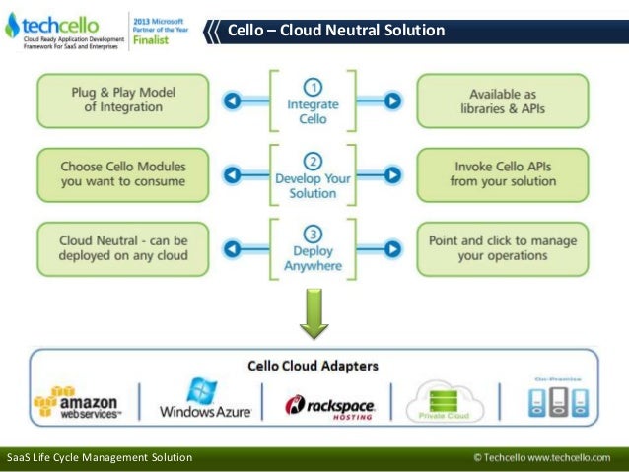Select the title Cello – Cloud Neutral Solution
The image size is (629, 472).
(336, 31)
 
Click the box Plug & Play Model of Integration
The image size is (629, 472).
(124, 100)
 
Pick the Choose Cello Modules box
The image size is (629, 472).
(123, 173)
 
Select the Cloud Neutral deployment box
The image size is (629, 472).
(123, 247)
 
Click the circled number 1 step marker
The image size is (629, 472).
(313, 85)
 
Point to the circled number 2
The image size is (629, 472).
(313, 160)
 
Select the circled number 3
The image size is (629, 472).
(313, 235)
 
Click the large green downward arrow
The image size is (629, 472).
(314, 313)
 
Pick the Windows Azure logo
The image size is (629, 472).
(204, 399)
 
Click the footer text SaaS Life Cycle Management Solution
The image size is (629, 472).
(99, 458)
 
